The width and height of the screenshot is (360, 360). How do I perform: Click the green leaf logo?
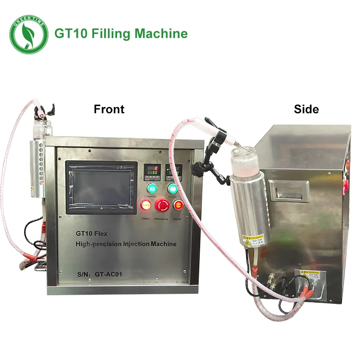[29, 34]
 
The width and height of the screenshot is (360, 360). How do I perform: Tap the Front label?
[109, 109]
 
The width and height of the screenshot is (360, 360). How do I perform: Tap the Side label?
[306, 109]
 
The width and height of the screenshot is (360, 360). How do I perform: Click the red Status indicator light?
[145, 206]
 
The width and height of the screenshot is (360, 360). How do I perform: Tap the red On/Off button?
[178, 205]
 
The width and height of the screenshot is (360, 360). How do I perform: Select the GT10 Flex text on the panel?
[91, 234]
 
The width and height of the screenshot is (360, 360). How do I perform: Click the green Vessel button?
[173, 188]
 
